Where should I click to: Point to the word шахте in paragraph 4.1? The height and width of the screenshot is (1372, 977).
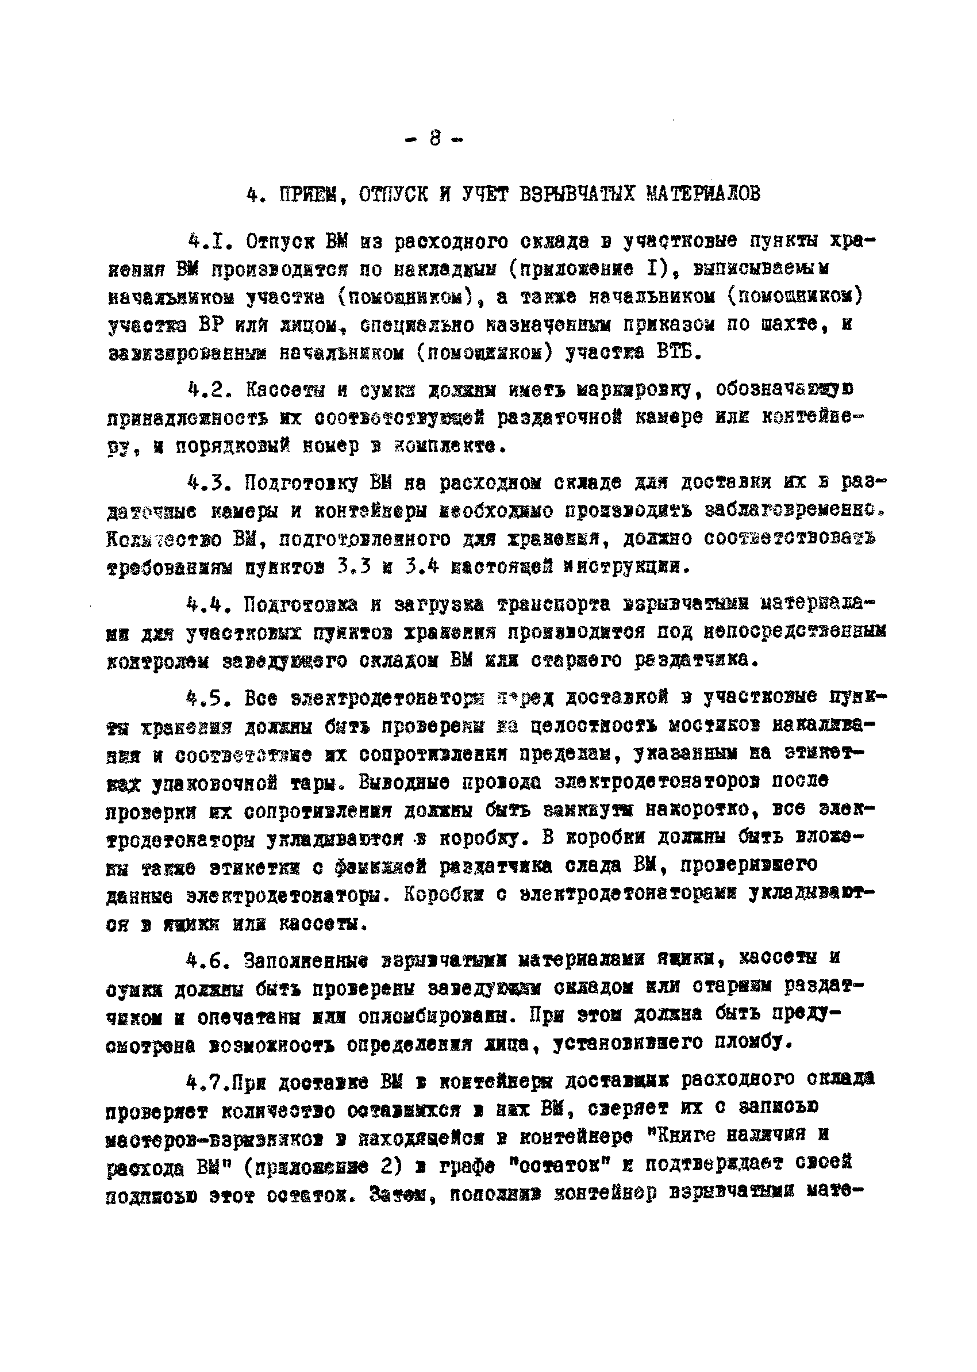[x=797, y=325]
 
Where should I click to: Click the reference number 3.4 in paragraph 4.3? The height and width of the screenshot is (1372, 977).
[x=420, y=566]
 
